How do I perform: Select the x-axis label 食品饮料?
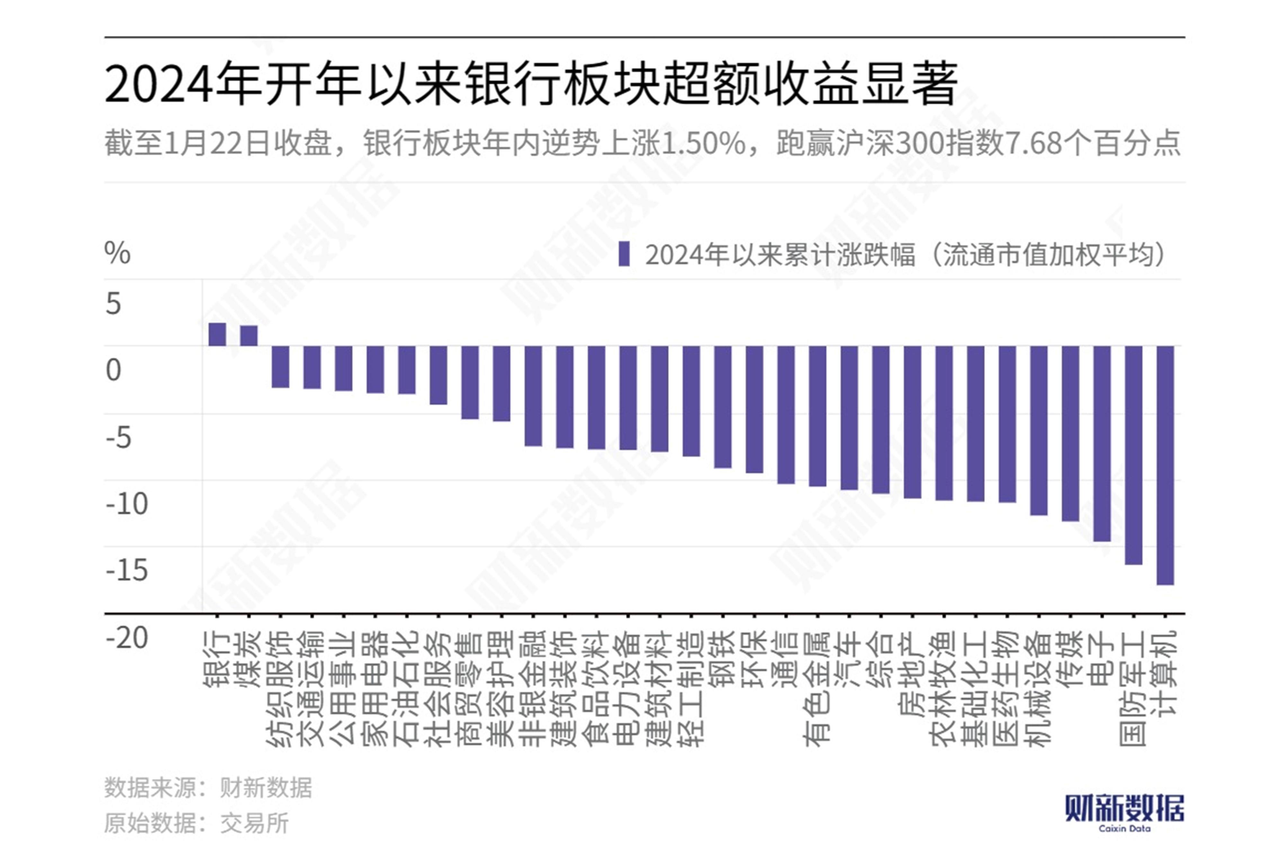pyautogui.click(x=596, y=688)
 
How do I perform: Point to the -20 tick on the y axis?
pyautogui.click(x=126, y=637)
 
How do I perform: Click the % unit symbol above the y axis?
pyautogui.click(x=117, y=253)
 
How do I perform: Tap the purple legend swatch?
pyautogui.click(x=624, y=254)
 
